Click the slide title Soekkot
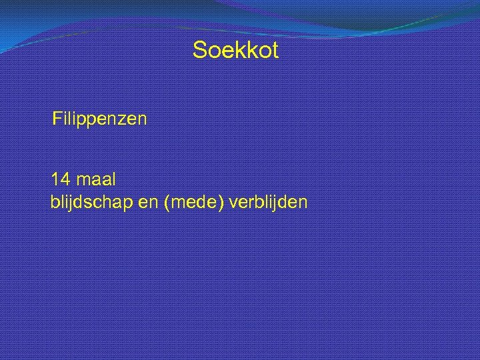pyautogui.click(x=235, y=50)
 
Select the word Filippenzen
pyautogui.click(x=100, y=120)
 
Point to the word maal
pyautogui.click(x=97, y=179)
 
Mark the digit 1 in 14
pyautogui.click(x=55, y=179)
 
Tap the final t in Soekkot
pyautogui.click(x=274, y=50)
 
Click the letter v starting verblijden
pyautogui.click(x=233, y=201)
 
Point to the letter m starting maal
pyautogui.click(x=83, y=180)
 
